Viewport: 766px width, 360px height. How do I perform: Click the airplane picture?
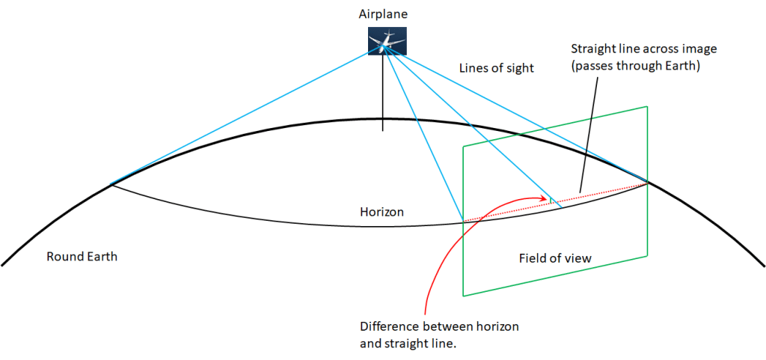tap(387, 40)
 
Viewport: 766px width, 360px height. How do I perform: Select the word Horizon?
tap(382, 213)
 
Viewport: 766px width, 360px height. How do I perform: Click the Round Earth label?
tap(82, 257)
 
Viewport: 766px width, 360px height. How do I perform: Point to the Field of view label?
tap(555, 258)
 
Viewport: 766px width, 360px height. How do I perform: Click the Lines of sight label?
tap(497, 68)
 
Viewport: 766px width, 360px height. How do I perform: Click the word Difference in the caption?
tap(388, 327)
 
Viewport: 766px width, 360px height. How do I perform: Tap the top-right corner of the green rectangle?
tap(646, 106)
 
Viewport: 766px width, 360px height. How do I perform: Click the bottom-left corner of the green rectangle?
tap(464, 296)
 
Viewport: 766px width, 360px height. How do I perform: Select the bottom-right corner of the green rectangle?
tap(646, 257)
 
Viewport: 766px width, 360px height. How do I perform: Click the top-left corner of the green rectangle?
tap(464, 145)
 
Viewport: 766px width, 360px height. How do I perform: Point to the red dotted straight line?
tap(598, 193)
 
